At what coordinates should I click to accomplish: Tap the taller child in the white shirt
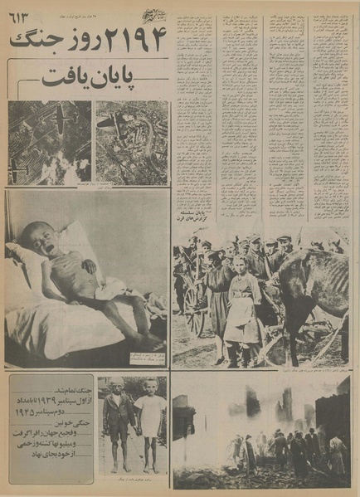[x=149, y=419]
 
